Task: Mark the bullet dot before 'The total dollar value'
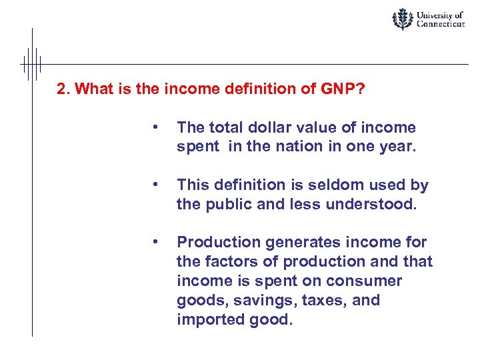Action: pos(155,127)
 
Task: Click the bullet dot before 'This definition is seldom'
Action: pos(155,184)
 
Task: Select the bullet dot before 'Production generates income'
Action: pos(155,241)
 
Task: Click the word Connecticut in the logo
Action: pos(441,24)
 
